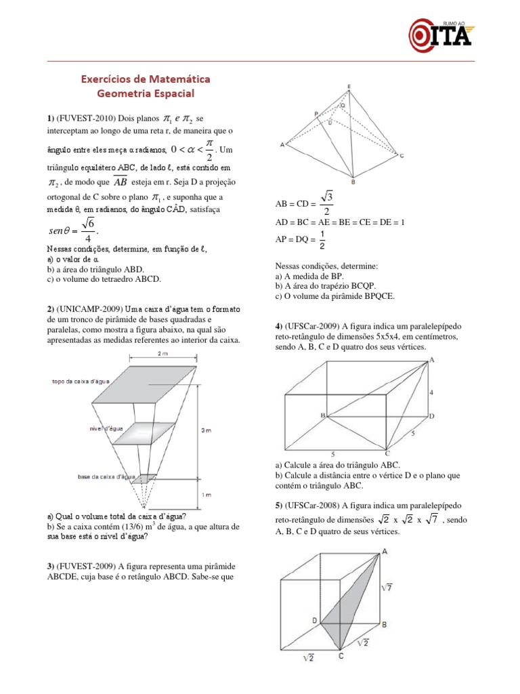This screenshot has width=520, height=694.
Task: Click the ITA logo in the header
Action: point(440,33)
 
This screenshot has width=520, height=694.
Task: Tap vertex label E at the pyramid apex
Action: point(349,86)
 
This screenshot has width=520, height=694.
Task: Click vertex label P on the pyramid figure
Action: point(316,114)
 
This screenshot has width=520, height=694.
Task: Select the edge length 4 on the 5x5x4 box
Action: point(432,392)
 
